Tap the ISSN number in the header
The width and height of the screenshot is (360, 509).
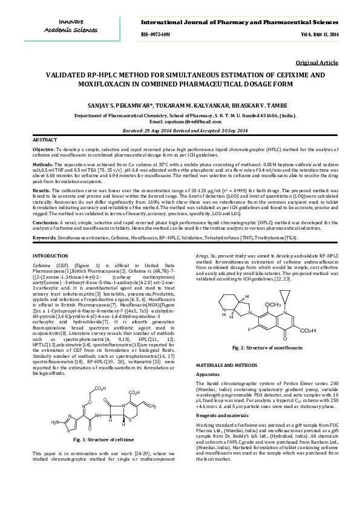[160, 35]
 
